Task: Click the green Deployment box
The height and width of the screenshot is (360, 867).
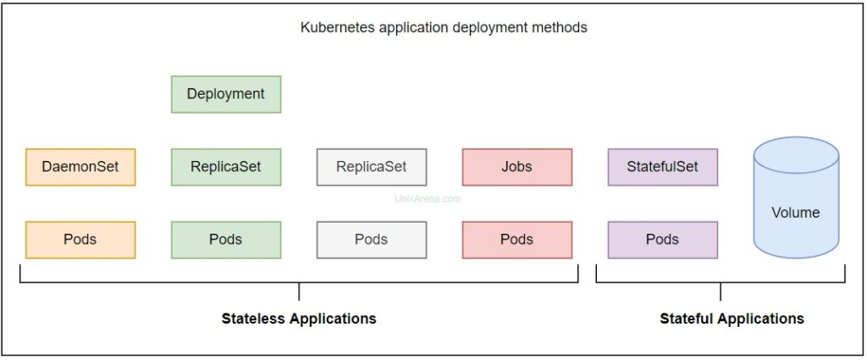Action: (x=226, y=95)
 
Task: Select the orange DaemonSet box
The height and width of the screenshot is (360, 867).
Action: (x=80, y=167)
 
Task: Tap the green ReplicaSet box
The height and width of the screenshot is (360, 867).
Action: (x=226, y=167)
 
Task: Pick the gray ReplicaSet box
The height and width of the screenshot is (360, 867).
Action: (x=372, y=167)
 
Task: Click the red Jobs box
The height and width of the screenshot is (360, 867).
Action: (x=517, y=167)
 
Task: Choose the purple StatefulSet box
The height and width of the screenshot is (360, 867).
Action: (x=662, y=167)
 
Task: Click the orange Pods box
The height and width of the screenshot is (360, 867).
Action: (x=80, y=240)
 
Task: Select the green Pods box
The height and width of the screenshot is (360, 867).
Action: (x=226, y=240)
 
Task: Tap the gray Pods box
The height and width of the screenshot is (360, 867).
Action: (x=372, y=240)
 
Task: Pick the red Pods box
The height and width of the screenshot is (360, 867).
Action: (x=517, y=240)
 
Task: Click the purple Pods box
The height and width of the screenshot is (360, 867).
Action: (x=662, y=240)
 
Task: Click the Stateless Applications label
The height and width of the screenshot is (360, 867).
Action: (x=299, y=319)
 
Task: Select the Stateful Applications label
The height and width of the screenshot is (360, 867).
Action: (x=732, y=319)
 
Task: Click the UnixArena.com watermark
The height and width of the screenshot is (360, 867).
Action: (x=428, y=199)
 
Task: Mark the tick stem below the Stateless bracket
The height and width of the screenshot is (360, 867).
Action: (x=299, y=291)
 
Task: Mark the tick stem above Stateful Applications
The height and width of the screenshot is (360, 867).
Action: (x=721, y=291)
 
